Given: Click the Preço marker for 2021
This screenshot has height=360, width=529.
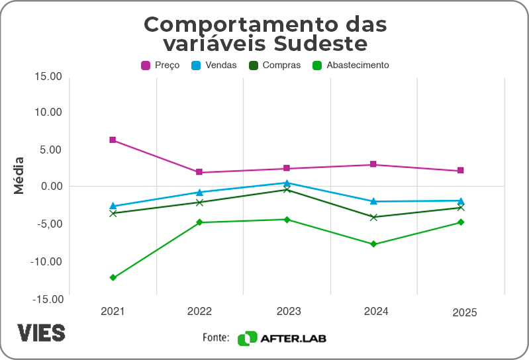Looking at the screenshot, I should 113,140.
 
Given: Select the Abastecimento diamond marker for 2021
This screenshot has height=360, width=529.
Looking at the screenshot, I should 113,277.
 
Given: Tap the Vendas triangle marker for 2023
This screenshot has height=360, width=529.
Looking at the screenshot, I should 287,183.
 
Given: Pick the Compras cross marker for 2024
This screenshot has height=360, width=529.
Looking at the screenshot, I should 373,217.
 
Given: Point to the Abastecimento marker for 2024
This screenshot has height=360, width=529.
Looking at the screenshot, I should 373,244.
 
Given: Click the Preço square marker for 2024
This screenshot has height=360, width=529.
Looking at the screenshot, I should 373,164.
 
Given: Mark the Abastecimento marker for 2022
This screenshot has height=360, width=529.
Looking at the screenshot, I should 199,222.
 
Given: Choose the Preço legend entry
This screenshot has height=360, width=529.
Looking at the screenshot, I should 160,65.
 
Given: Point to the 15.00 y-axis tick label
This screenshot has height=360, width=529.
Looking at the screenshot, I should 48,76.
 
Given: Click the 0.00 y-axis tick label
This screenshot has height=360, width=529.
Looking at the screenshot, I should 50,186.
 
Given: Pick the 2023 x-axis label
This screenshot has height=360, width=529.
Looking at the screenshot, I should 287,311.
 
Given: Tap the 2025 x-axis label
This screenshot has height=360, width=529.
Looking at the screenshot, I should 465,313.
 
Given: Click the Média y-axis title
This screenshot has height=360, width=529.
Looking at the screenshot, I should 19,175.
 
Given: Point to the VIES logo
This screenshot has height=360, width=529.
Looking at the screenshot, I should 41,333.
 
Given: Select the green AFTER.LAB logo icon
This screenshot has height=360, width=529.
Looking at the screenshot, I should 247,338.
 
